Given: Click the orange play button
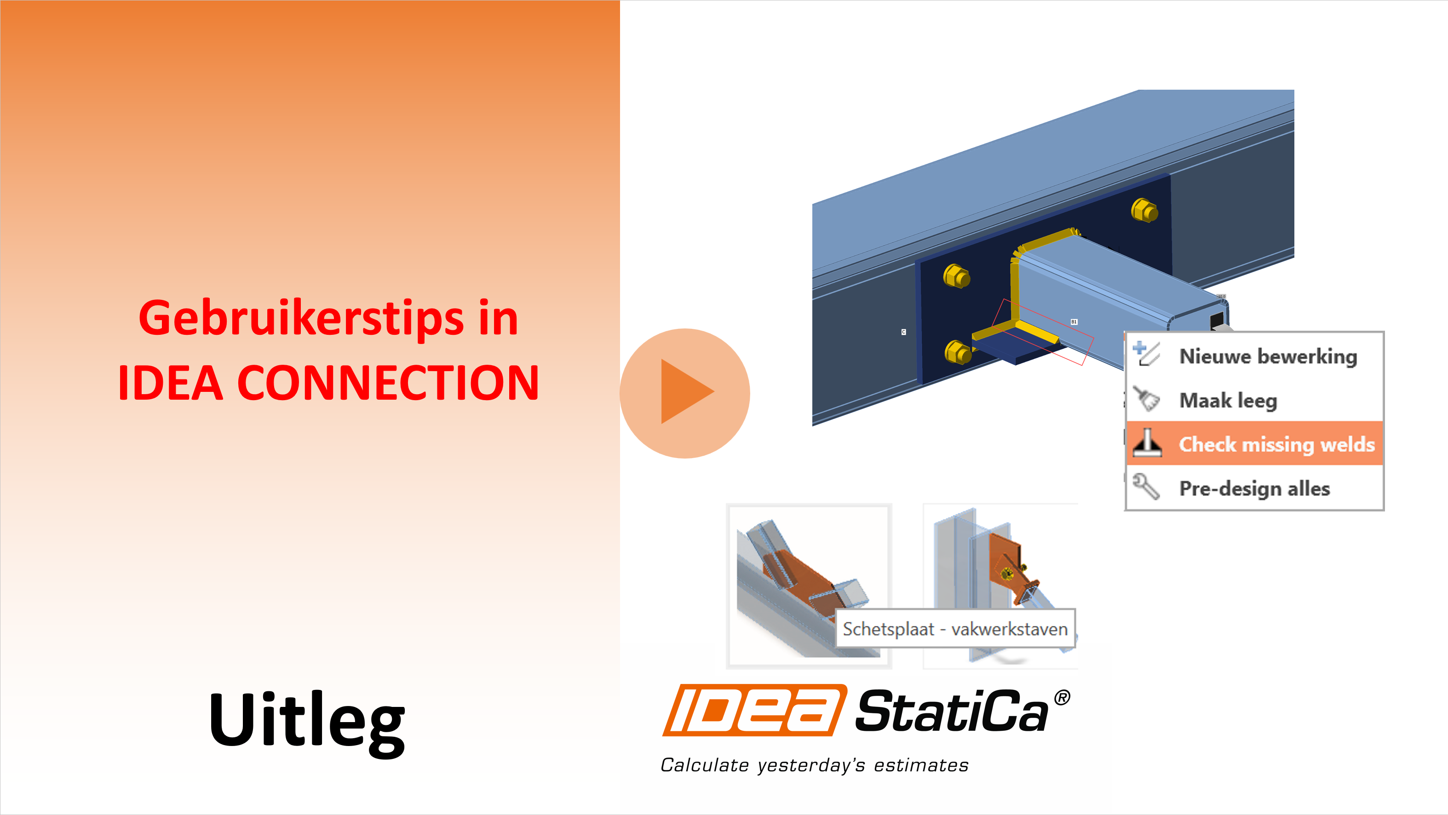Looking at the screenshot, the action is [x=684, y=393].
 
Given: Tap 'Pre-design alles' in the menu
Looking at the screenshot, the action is [x=1255, y=488].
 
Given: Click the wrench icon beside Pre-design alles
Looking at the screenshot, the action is [x=1146, y=486].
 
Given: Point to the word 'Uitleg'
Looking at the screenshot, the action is [x=307, y=723].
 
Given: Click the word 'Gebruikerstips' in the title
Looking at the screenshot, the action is [x=301, y=319].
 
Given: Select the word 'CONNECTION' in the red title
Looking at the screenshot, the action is [x=388, y=383].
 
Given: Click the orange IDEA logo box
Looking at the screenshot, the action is [x=755, y=710].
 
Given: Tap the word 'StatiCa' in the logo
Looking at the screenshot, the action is [x=952, y=711].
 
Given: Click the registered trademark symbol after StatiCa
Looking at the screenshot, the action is [x=1062, y=698].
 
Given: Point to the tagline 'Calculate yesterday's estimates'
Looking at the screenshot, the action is [x=815, y=765].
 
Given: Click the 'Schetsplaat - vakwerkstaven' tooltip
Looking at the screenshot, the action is [x=955, y=629].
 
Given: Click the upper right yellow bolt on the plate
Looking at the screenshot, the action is [x=1144, y=211].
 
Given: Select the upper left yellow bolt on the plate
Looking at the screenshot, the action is [x=956, y=276].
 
